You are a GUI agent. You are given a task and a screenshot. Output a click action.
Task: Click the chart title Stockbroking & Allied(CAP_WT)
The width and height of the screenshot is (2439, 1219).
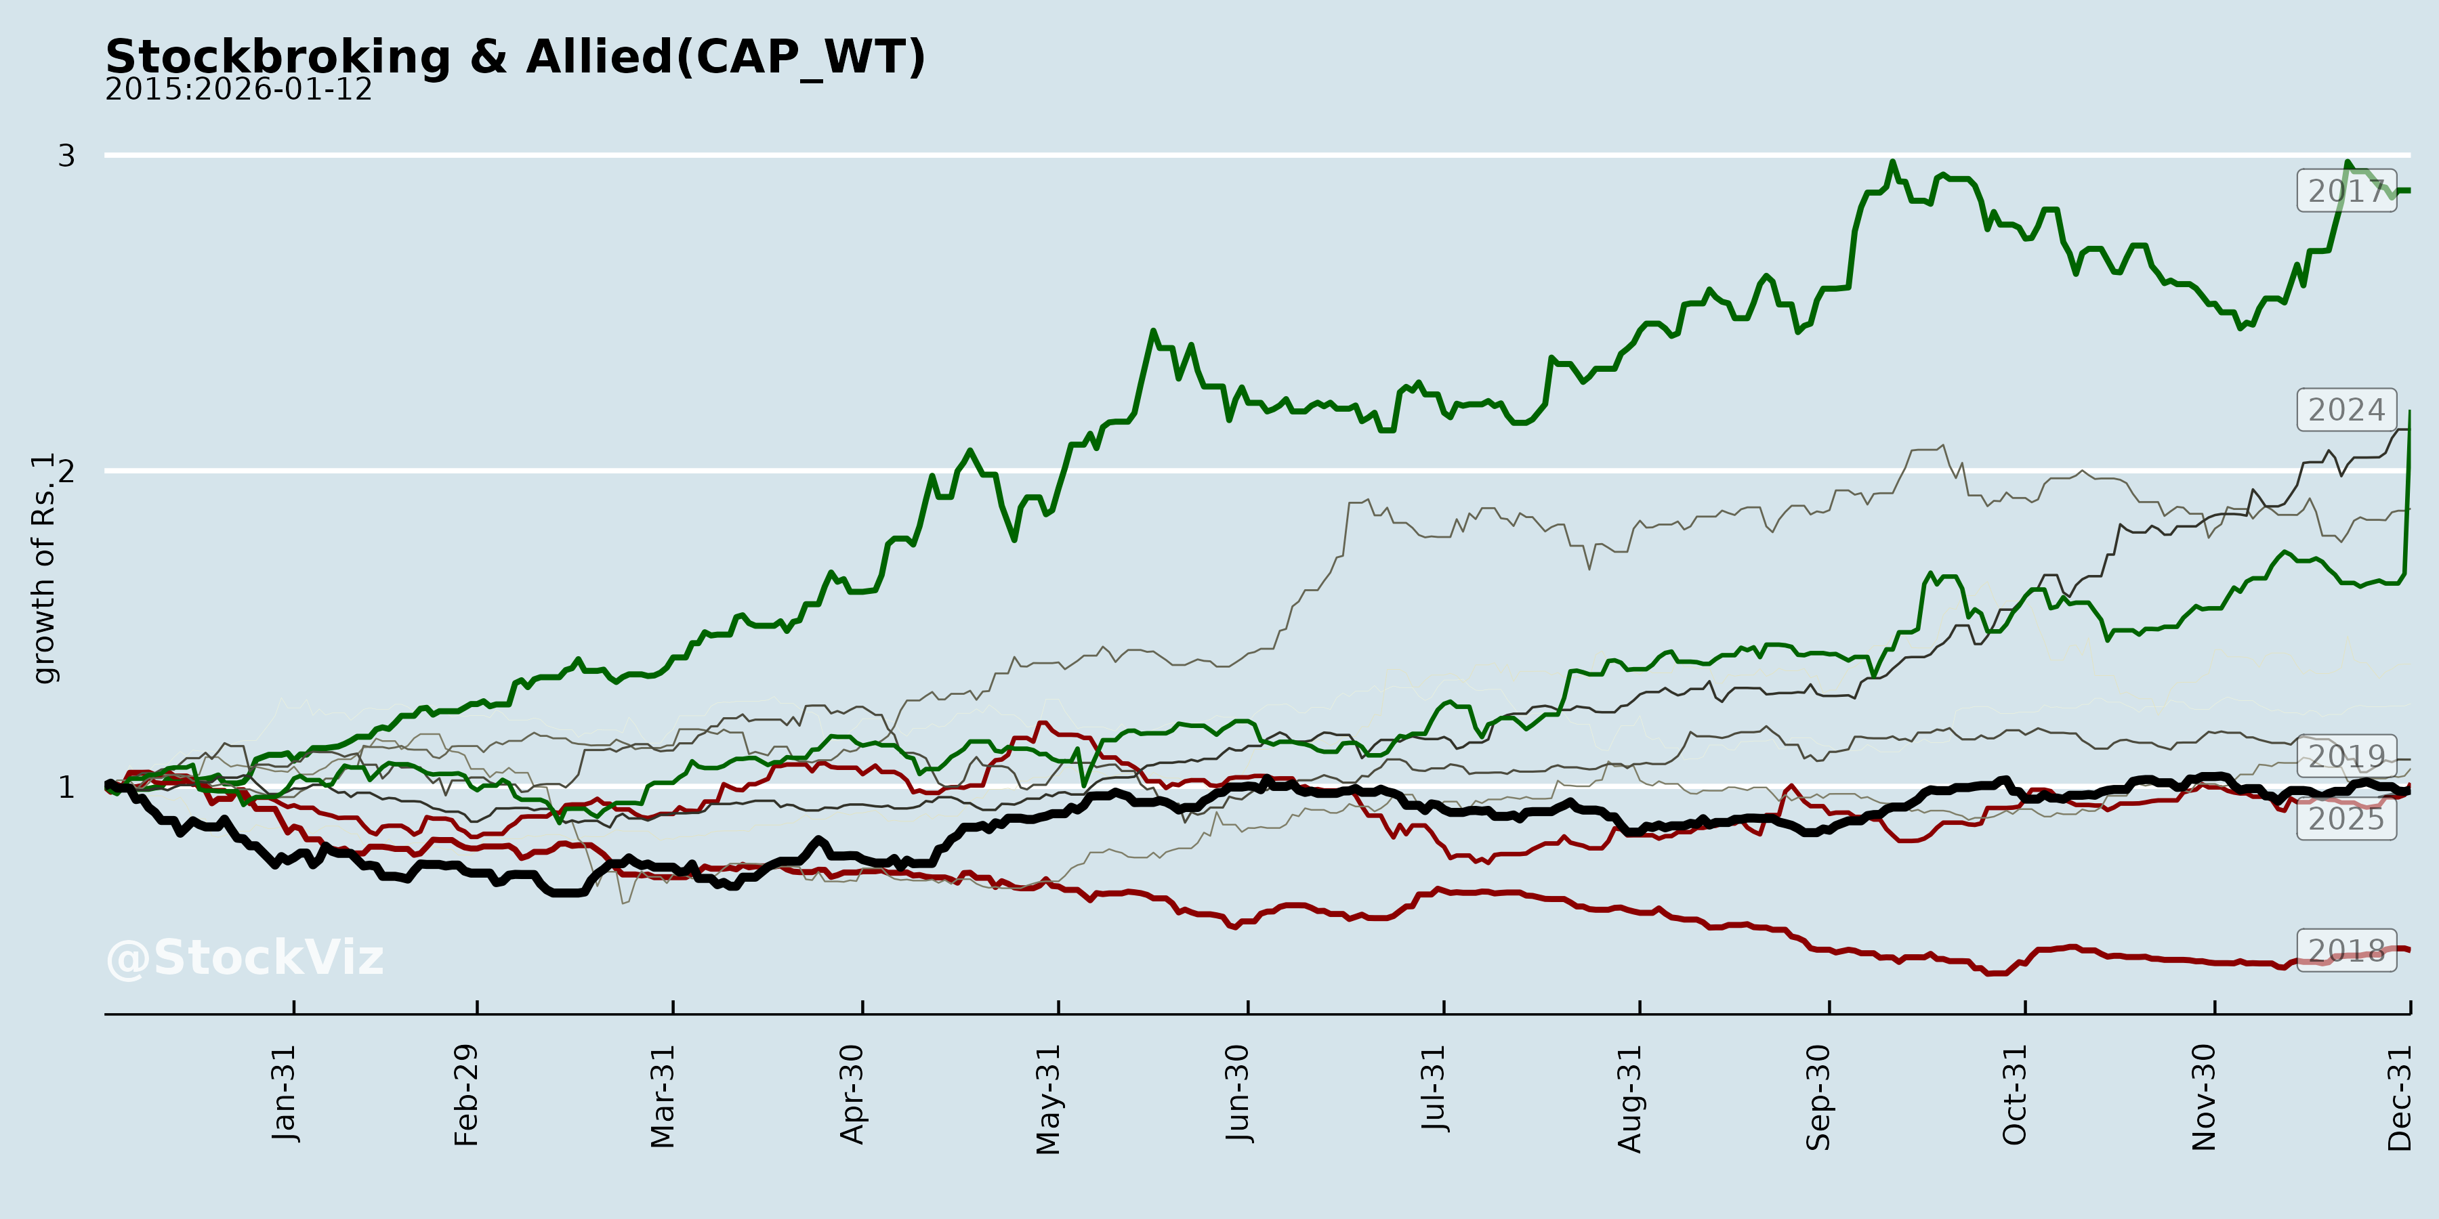click(x=514, y=57)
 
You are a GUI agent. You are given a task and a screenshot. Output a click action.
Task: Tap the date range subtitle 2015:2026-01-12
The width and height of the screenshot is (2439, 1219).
click(x=238, y=90)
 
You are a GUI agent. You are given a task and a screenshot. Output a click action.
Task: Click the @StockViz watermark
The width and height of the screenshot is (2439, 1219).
click(x=245, y=958)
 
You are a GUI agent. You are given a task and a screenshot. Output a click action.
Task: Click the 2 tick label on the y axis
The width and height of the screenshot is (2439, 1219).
click(x=66, y=471)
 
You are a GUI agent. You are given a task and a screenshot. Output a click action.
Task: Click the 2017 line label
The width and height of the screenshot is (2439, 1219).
click(x=2346, y=191)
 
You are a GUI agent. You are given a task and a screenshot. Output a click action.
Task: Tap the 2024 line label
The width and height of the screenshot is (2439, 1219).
click(x=2346, y=410)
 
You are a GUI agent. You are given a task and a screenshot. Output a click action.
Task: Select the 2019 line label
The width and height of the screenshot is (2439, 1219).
click(x=2346, y=756)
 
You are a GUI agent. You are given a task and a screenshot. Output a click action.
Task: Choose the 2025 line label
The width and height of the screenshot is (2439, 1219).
click(x=2346, y=819)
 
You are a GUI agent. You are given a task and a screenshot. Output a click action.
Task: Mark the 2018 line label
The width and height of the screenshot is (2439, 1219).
click(x=2346, y=950)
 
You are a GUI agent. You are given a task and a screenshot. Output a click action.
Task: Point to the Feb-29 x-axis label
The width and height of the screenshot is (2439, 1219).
click(x=467, y=1095)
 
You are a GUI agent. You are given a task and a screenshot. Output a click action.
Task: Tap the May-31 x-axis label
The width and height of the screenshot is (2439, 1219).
click(x=1048, y=1099)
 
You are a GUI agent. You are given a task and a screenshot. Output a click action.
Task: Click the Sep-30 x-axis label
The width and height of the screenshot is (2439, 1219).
click(x=1819, y=1097)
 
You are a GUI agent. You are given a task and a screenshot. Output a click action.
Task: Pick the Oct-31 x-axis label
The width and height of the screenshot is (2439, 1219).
click(x=2015, y=1095)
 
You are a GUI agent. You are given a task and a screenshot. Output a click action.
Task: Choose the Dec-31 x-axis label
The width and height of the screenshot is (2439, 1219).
click(x=2400, y=1098)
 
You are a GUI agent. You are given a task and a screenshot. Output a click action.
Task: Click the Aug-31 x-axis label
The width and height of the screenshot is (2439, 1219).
click(x=1629, y=1099)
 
